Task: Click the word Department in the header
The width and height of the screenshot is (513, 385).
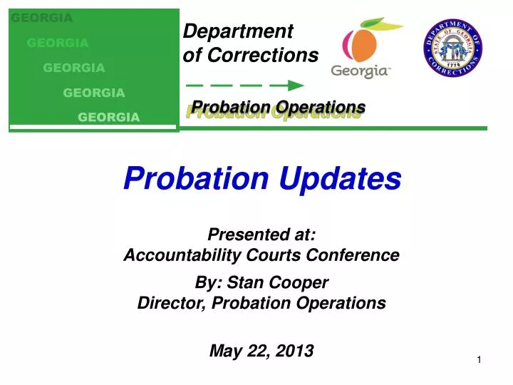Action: coord(238,31)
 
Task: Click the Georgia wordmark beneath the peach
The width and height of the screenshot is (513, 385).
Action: coord(361,71)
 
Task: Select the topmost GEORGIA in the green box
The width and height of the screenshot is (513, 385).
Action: coord(42,18)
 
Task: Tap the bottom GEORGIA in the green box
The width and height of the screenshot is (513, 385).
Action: coord(108,117)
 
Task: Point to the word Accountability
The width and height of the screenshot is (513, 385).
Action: coord(175,255)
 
